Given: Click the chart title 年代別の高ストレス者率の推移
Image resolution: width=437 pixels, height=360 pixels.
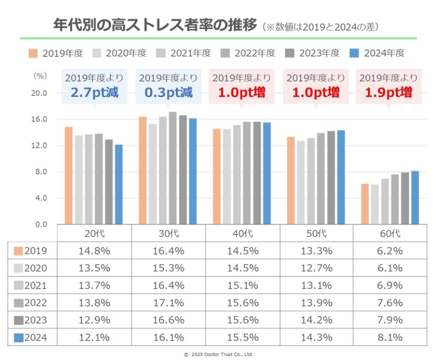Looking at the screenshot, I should click(x=155, y=26).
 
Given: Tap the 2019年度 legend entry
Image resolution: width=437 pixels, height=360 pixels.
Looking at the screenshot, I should click(x=56, y=53).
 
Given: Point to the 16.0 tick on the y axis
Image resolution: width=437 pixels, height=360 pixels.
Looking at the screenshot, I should click(x=38, y=119).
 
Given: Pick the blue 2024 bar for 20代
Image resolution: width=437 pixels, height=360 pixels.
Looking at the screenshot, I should click(x=118, y=185).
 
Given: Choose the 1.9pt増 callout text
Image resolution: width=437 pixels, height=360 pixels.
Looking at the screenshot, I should click(x=390, y=92).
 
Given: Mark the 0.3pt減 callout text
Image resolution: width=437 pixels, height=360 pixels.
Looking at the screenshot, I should click(x=168, y=92).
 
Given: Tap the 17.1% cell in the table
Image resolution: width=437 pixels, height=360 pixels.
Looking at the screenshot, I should click(x=168, y=303).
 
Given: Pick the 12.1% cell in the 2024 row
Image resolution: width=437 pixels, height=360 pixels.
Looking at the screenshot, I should click(x=95, y=338).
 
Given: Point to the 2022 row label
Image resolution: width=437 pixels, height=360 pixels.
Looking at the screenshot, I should click(x=32, y=303).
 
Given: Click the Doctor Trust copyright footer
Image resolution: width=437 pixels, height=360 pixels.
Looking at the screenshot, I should click(x=218, y=354).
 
